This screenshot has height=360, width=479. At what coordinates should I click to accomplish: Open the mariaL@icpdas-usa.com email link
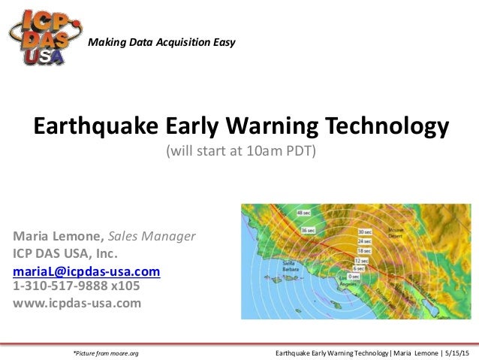87,271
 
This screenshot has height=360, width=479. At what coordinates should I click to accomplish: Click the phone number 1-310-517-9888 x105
77,286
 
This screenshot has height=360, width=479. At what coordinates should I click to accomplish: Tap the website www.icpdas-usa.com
77,303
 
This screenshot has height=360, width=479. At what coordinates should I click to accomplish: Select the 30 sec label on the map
364,232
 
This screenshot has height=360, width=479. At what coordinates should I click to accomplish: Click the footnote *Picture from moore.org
105,352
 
